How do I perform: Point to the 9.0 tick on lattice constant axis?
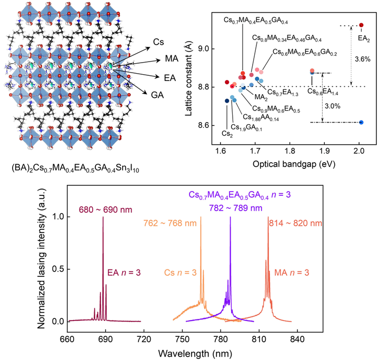[x=210, y=49]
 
